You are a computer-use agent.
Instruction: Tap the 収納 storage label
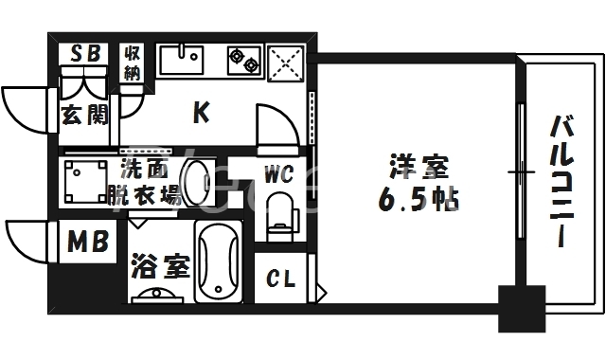click(131, 63)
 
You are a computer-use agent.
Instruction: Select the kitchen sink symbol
click(183, 60)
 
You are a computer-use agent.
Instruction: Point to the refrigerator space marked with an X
click(287, 61)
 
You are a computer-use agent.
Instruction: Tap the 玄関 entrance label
click(84, 116)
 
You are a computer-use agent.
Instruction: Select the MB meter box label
click(86, 243)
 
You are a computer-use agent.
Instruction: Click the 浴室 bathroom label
click(158, 266)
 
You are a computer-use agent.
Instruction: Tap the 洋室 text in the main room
click(417, 168)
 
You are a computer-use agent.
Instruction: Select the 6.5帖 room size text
click(417, 200)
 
